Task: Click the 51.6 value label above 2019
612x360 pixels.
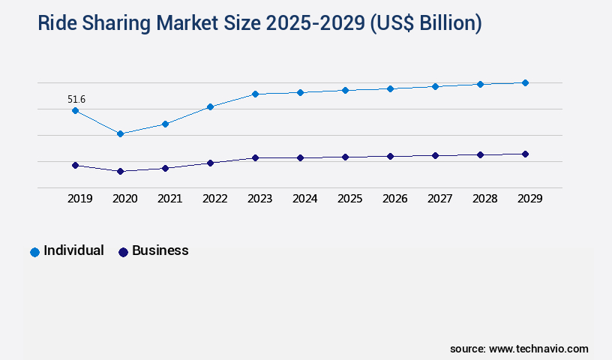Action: tap(76, 99)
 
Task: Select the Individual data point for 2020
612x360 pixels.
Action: tap(120, 133)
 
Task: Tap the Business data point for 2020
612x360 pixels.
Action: tap(120, 171)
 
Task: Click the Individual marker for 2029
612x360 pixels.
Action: tap(525, 82)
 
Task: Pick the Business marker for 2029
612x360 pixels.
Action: tap(525, 154)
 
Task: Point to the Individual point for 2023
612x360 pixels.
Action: tap(255, 94)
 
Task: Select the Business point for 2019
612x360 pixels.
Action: tap(75, 165)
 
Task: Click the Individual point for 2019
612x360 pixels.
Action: tap(75, 110)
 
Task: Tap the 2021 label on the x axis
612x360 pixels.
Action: tap(169, 199)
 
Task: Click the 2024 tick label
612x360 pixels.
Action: tap(304, 199)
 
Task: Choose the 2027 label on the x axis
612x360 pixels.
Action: tap(439, 199)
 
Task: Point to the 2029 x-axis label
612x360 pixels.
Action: tap(529, 199)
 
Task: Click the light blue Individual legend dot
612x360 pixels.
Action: tap(34, 252)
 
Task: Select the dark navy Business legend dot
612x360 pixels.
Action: tap(123, 252)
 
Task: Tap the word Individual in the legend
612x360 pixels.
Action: tap(73, 250)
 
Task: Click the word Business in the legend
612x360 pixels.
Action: tap(160, 250)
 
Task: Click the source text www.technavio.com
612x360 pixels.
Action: tap(538, 349)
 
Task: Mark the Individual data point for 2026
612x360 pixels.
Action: tap(390, 88)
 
